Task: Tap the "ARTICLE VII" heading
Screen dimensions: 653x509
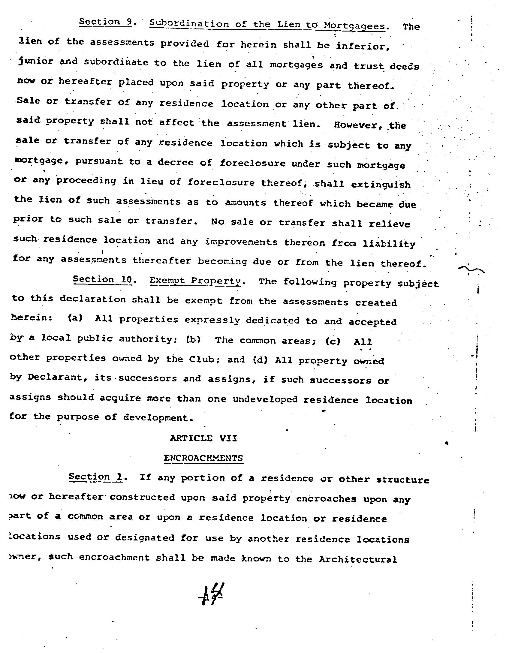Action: tap(203, 438)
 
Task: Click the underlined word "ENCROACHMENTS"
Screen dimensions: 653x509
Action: tap(203, 458)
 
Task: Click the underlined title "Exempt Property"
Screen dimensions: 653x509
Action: tap(195, 281)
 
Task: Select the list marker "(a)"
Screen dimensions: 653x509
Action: tap(75, 318)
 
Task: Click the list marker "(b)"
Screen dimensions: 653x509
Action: tap(193, 340)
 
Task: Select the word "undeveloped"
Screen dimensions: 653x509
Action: tap(265, 399)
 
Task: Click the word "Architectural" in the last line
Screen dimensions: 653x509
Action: tap(358, 559)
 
